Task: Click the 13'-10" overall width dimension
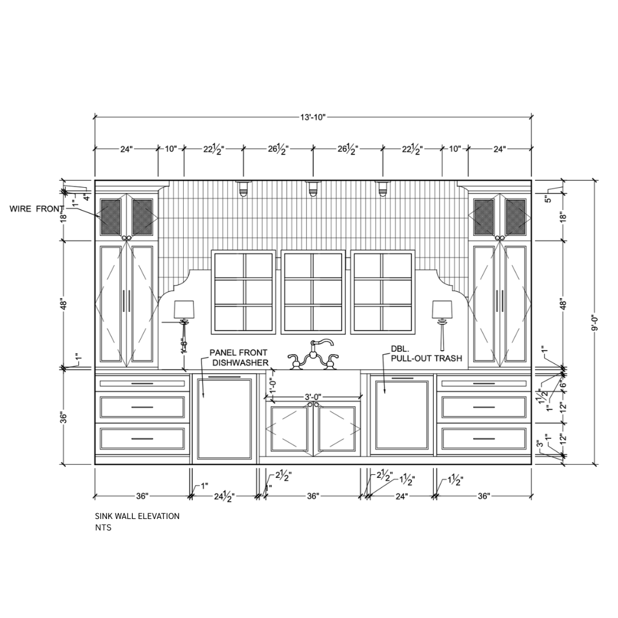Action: click(x=312, y=117)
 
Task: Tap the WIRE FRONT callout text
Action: click(x=37, y=209)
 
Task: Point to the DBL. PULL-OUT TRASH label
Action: click(x=426, y=354)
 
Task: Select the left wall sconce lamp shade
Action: click(x=184, y=310)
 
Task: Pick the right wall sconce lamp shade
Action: click(x=442, y=310)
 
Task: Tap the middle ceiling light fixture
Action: click(x=312, y=188)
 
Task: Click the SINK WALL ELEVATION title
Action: click(x=137, y=516)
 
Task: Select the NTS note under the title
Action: click(x=103, y=528)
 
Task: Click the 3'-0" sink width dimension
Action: click(x=312, y=397)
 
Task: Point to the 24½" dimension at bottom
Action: click(x=224, y=496)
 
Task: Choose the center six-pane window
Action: click(x=312, y=292)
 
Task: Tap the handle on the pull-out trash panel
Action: click(x=402, y=378)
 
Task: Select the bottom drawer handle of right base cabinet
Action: click(x=484, y=439)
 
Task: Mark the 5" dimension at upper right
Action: click(x=548, y=199)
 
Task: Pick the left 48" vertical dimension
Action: click(x=64, y=304)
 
